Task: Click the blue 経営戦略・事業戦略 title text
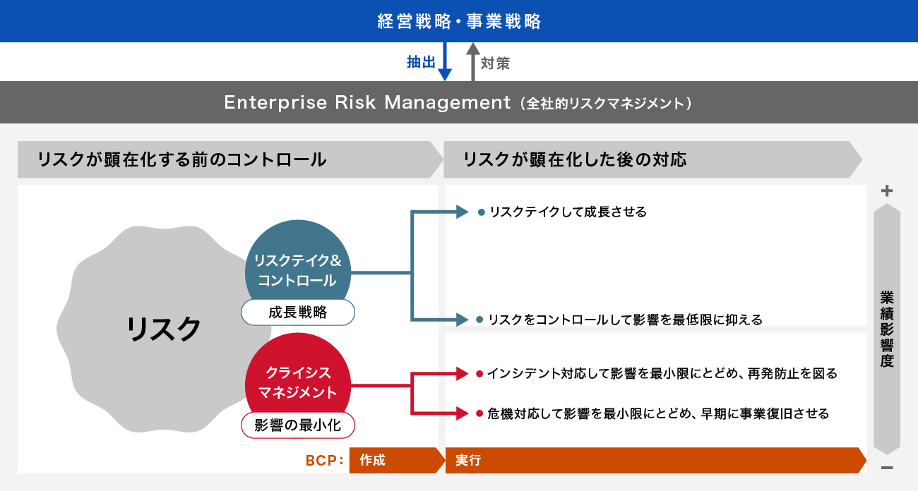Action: (459, 22)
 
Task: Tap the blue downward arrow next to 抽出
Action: (445, 62)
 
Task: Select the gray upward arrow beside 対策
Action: (472, 62)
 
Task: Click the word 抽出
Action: (421, 63)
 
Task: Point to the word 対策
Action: (495, 63)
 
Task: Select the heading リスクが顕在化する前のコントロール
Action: (182, 159)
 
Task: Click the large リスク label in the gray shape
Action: (164, 329)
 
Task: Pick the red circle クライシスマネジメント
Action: (297, 382)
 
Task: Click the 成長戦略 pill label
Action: (297, 313)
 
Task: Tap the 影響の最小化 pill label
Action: (297, 425)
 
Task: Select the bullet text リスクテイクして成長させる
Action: (567, 212)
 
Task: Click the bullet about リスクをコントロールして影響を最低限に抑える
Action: (625, 320)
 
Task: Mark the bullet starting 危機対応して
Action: (657, 413)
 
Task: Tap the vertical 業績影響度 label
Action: (887, 329)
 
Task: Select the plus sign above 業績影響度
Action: (888, 190)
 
